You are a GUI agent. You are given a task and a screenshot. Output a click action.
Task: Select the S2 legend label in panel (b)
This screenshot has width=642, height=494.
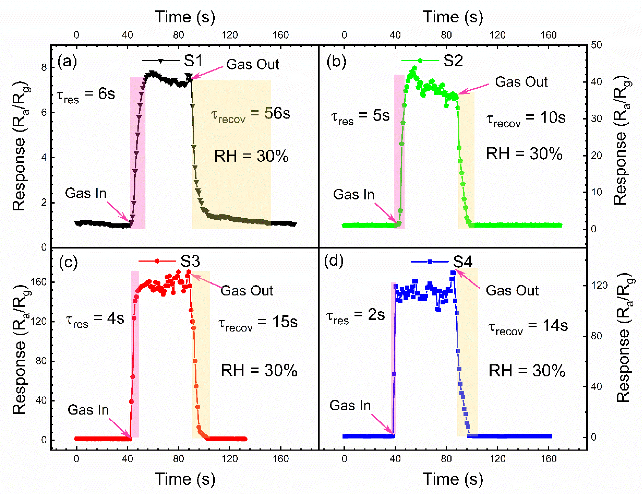pos(453,61)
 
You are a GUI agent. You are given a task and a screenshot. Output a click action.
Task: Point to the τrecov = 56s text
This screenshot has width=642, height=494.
pos(250,115)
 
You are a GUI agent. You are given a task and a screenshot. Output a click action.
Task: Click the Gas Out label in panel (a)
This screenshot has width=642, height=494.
pos(252,64)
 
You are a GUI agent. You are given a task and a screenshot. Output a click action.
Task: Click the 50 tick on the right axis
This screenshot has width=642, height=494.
pos(596,45)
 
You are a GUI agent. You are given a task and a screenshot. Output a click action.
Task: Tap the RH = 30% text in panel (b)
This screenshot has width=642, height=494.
pos(524,154)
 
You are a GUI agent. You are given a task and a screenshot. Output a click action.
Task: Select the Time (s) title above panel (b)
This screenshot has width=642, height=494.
pos(453,17)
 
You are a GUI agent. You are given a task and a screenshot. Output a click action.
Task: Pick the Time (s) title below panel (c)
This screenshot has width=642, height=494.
pos(185,479)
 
